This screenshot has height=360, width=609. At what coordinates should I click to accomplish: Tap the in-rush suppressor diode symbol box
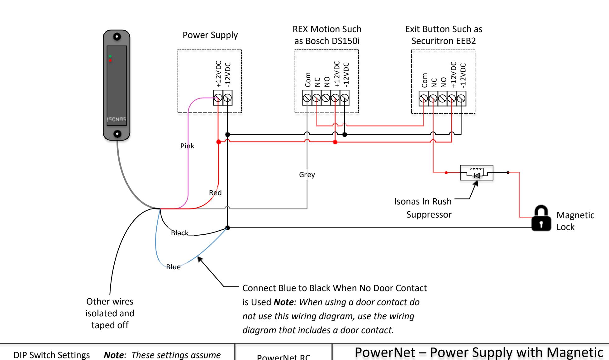pyautogui.click(x=476, y=173)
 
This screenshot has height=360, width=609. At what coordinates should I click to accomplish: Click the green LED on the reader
pyautogui.click(x=110, y=56)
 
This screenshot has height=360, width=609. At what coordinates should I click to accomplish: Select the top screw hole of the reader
pyautogui.click(x=117, y=36)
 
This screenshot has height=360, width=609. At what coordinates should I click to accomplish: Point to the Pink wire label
pyautogui.click(x=187, y=146)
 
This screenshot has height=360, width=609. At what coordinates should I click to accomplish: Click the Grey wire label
pyautogui.click(x=307, y=175)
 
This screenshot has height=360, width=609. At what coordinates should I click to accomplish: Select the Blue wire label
pyautogui.click(x=173, y=267)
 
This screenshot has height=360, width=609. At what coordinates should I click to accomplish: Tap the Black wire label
pyautogui.click(x=180, y=233)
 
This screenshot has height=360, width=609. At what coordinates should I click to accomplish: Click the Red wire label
pyautogui.click(x=215, y=193)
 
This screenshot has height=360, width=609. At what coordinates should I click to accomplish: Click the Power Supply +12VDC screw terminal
pyautogui.click(x=218, y=98)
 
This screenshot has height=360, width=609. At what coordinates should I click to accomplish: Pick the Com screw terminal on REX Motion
pyautogui.click(x=307, y=98)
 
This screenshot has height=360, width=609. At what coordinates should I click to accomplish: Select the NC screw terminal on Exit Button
pyautogui.click(x=433, y=98)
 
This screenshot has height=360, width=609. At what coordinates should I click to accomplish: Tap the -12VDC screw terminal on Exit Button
pyautogui.click(x=461, y=98)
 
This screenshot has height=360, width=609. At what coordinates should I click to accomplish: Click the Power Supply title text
pyautogui.click(x=210, y=35)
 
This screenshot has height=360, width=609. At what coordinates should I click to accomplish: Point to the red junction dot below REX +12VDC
pyautogui.click(x=335, y=142)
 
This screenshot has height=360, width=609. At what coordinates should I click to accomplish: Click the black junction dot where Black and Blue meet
pyautogui.click(x=228, y=228)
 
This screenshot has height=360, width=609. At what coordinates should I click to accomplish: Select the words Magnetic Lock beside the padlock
pyautogui.click(x=575, y=221)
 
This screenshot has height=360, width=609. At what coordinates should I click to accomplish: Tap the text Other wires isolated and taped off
pyautogui.click(x=110, y=313)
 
